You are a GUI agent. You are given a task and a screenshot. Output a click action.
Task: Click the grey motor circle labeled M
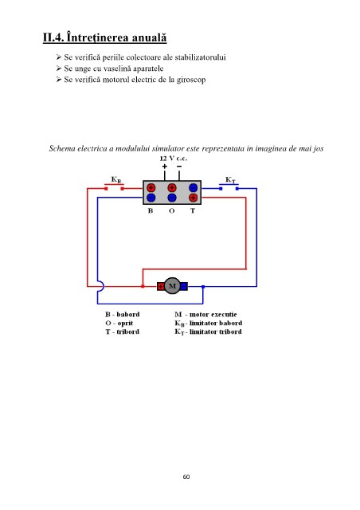(172, 286)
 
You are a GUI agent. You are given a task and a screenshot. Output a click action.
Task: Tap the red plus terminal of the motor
(161, 286)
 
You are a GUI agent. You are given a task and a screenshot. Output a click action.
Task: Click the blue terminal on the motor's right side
(184, 286)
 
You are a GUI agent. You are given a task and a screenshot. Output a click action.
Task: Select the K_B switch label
(116, 179)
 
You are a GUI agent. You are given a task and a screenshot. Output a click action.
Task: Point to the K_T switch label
(230, 180)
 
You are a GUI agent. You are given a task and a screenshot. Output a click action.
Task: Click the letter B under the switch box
(151, 210)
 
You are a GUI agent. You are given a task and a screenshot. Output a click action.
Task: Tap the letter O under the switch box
(172, 210)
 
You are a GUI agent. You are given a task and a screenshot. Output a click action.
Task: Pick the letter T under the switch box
(193, 210)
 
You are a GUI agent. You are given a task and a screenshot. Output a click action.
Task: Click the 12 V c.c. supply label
(174, 159)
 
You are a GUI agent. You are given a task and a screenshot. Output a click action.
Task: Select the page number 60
(186, 477)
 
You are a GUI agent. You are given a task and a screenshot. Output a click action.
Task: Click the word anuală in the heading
(149, 37)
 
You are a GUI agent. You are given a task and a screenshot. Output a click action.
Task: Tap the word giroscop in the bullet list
(191, 80)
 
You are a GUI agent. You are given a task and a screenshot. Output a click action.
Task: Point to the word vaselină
(117, 69)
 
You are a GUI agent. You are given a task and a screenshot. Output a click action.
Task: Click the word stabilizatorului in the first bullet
(201, 57)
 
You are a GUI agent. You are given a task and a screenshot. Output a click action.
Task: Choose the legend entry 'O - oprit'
(119, 324)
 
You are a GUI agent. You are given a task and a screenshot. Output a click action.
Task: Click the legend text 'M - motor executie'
(205, 315)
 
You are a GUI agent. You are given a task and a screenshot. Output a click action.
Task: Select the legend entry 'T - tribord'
(123, 331)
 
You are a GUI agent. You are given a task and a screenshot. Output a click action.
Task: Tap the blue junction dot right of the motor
(203, 287)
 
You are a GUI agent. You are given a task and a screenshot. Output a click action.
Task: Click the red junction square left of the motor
(143, 286)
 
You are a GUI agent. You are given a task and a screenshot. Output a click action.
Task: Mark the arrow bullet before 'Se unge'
(58, 69)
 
